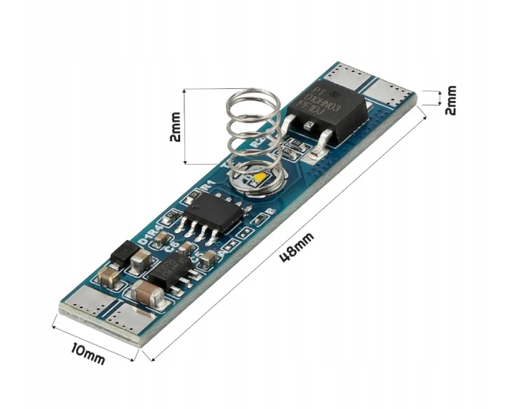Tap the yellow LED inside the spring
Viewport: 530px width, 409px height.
(260, 177)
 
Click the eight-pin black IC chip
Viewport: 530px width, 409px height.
(212, 211)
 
